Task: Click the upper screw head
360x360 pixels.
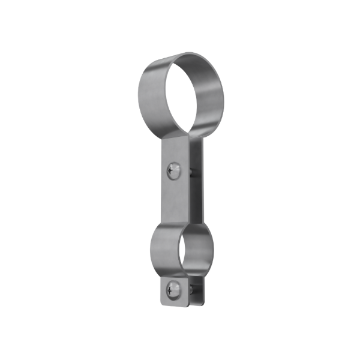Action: [174, 170]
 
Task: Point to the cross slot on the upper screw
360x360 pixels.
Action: [173, 170]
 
